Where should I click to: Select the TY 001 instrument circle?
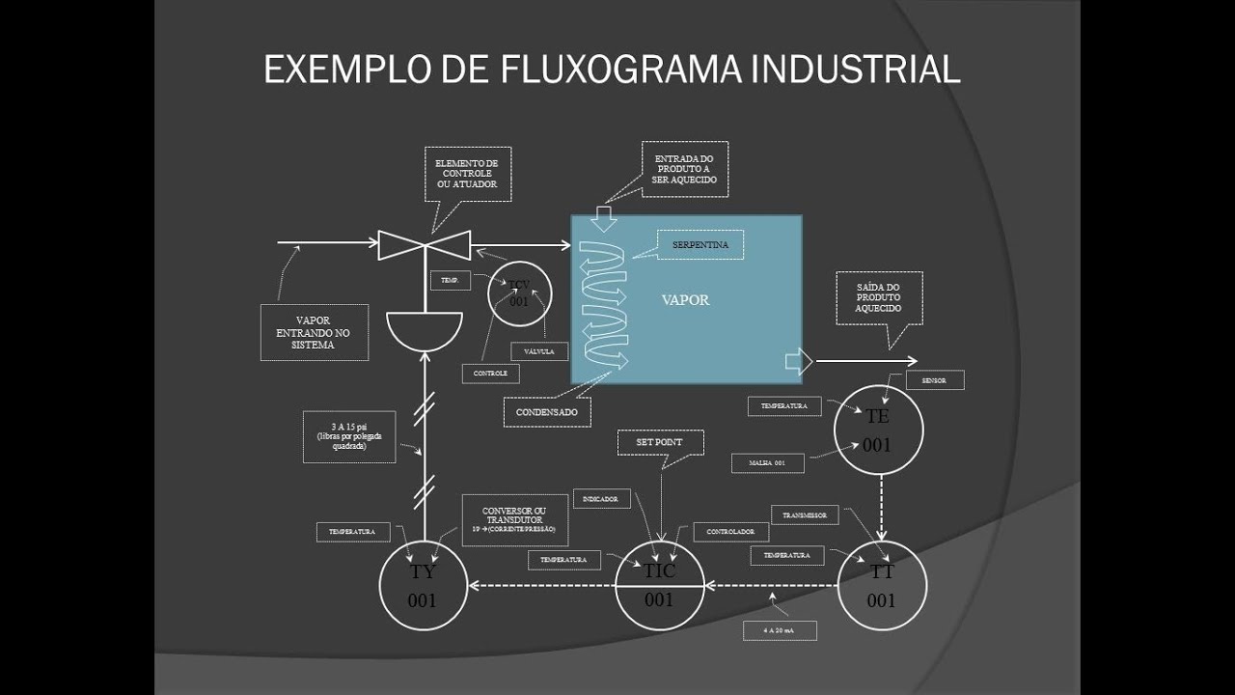coord(423,585)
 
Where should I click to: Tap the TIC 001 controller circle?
coord(659,585)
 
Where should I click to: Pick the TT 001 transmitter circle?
coord(881,585)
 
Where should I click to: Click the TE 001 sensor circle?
coord(878,431)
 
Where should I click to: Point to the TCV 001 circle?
coord(519,293)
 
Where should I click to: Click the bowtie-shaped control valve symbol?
coord(424,245)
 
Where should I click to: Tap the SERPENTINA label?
coord(700,245)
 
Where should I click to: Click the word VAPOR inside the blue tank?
coord(685,300)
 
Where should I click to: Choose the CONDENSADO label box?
coord(546,412)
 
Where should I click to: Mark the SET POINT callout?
coord(660,442)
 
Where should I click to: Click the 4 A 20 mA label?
coord(780,630)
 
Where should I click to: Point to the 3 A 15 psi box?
coord(348,437)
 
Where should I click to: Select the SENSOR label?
coord(934,380)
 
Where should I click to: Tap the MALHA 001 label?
coord(766,463)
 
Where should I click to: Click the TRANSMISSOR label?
coord(804,515)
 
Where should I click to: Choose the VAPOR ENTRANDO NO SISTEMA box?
coord(314,332)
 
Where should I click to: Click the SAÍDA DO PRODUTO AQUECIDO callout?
coord(878,297)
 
